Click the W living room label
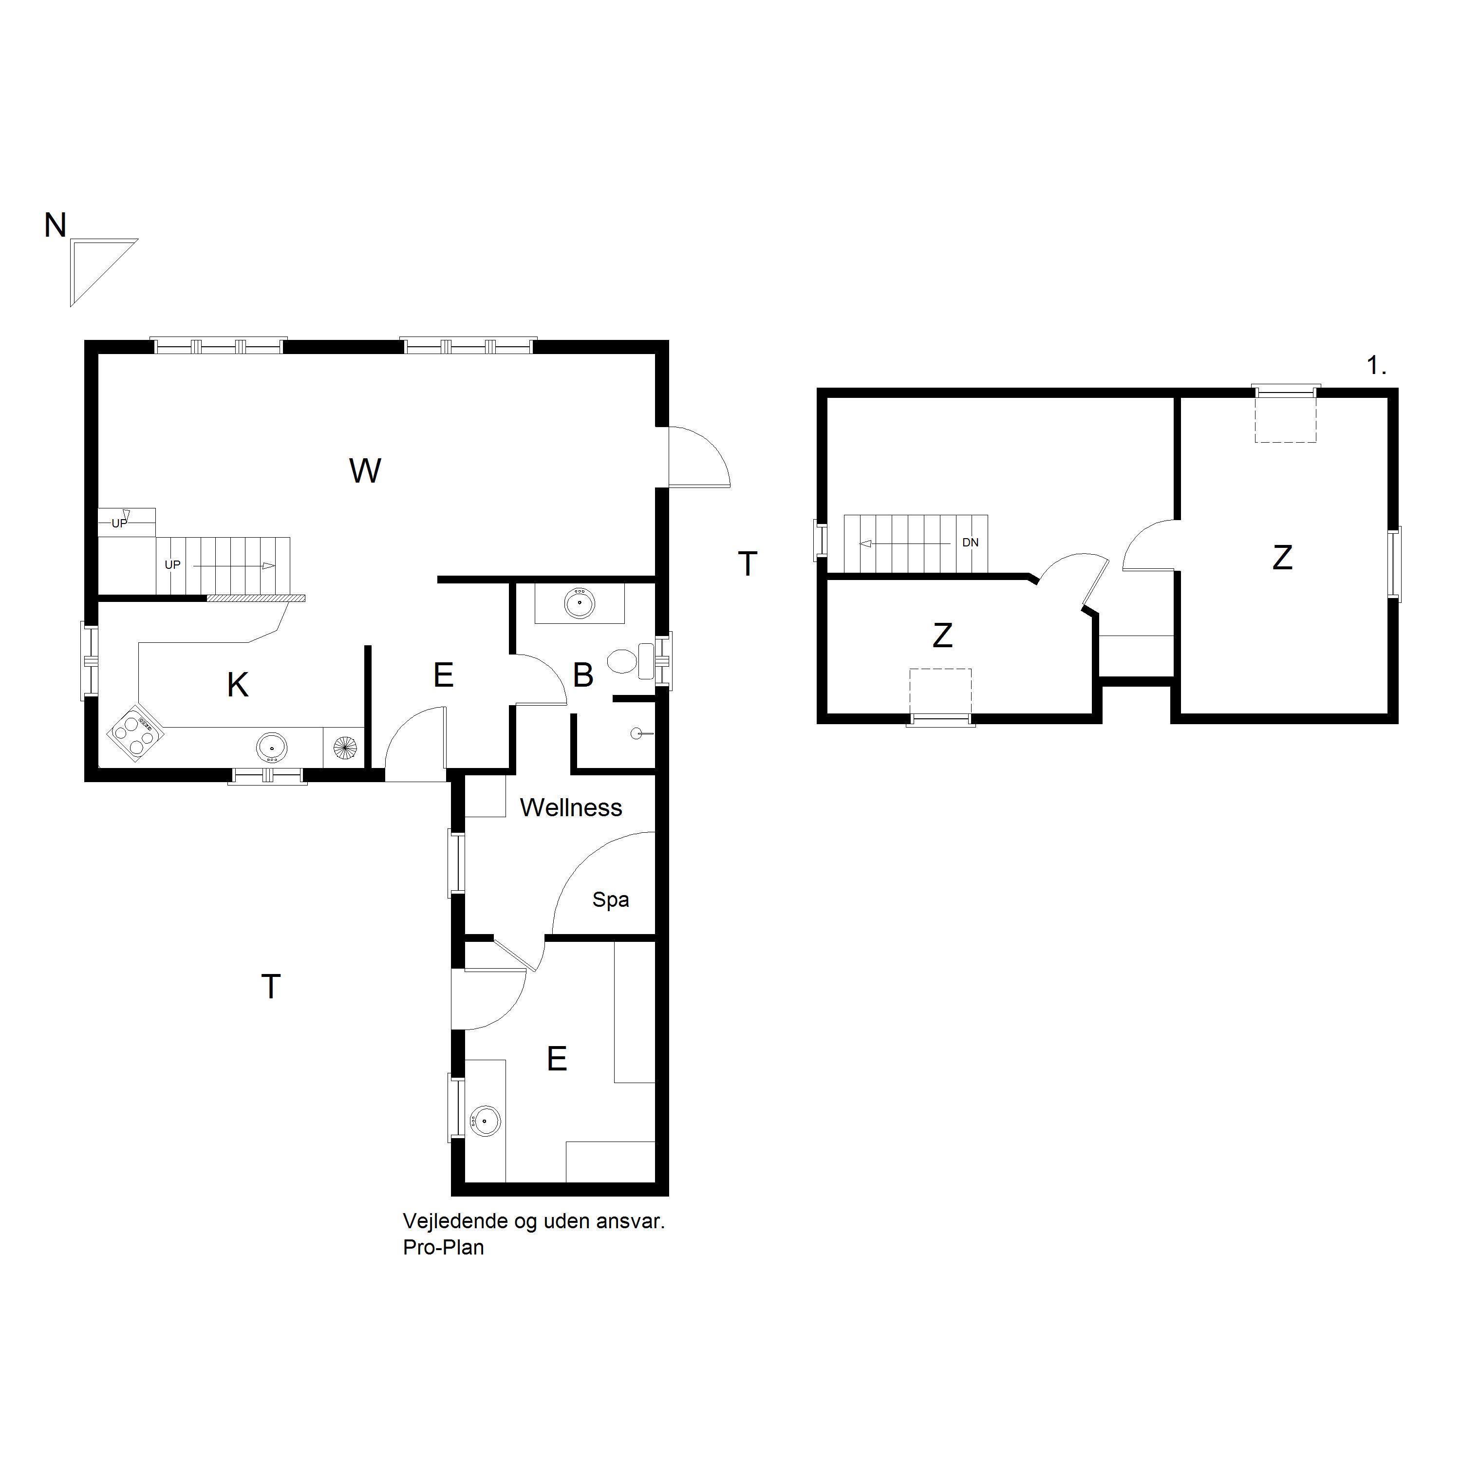click(x=365, y=471)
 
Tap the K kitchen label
click(x=238, y=685)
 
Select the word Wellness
click(x=571, y=807)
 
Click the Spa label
click(x=610, y=900)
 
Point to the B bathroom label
click(x=583, y=675)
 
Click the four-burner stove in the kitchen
click(x=136, y=733)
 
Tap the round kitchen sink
click(x=271, y=747)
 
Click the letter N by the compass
click(x=55, y=225)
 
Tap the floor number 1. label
click(x=1376, y=366)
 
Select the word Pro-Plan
click(x=443, y=1248)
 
